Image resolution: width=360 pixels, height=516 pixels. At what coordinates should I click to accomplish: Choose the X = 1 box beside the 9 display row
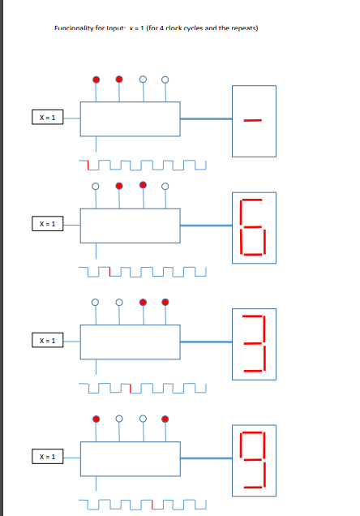pos(46,458)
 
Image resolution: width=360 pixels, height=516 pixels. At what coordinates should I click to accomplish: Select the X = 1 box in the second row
pos(46,223)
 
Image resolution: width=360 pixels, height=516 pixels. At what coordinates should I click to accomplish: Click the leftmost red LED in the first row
pos(96,80)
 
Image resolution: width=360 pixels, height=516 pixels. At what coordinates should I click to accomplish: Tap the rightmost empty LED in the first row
pos(165,80)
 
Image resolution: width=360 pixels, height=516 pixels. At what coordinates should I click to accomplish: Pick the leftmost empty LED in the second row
pos(96,186)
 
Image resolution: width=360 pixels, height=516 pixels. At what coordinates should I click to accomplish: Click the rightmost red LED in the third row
pos(165,303)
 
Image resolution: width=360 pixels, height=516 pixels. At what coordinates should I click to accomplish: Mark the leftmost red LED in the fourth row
pos(96,419)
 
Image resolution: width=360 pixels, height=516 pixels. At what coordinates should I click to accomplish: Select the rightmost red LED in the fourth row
pos(165,419)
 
